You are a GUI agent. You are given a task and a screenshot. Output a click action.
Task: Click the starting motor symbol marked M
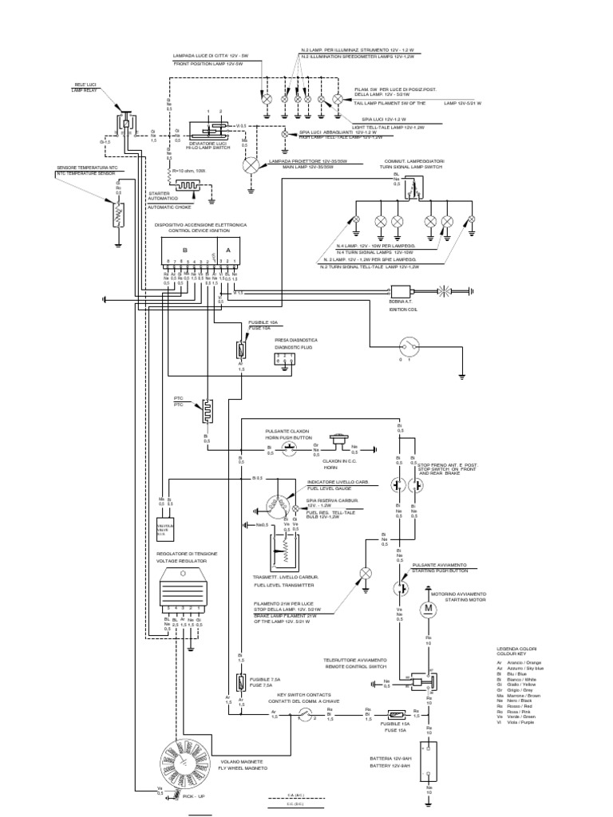(x=426, y=609)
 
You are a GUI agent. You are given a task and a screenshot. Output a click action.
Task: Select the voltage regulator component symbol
(x=183, y=593)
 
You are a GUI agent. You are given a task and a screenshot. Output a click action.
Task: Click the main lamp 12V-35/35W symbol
(x=251, y=165)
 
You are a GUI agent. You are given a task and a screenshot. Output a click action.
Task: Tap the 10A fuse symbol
(x=239, y=349)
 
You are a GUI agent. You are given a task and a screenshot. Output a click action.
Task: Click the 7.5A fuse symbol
(x=240, y=684)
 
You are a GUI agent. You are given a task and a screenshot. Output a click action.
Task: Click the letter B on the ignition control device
(x=185, y=248)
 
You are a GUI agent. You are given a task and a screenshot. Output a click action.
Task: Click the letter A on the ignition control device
(x=227, y=248)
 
